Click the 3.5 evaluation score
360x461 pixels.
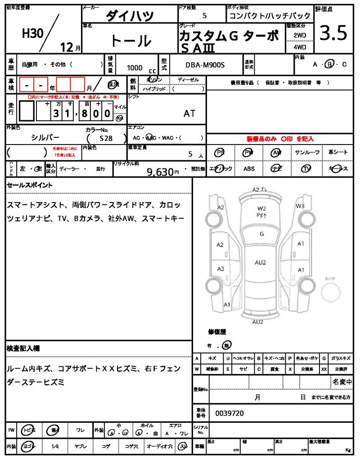click(333, 34)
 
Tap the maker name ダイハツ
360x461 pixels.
click(130, 16)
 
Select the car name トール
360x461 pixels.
click(130, 41)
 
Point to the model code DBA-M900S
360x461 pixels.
click(205, 66)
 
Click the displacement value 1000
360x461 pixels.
click(135, 68)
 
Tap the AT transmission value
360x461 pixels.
click(189, 113)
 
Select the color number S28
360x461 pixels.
click(107, 139)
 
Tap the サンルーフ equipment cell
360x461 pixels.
click(307, 153)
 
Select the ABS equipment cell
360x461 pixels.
click(249, 169)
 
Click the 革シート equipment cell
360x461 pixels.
click(338, 153)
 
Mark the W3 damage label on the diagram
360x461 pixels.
click(300, 206)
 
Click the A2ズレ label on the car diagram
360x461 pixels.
click(261, 190)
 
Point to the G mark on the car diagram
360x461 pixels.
click(261, 234)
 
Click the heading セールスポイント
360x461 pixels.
click(30, 185)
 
